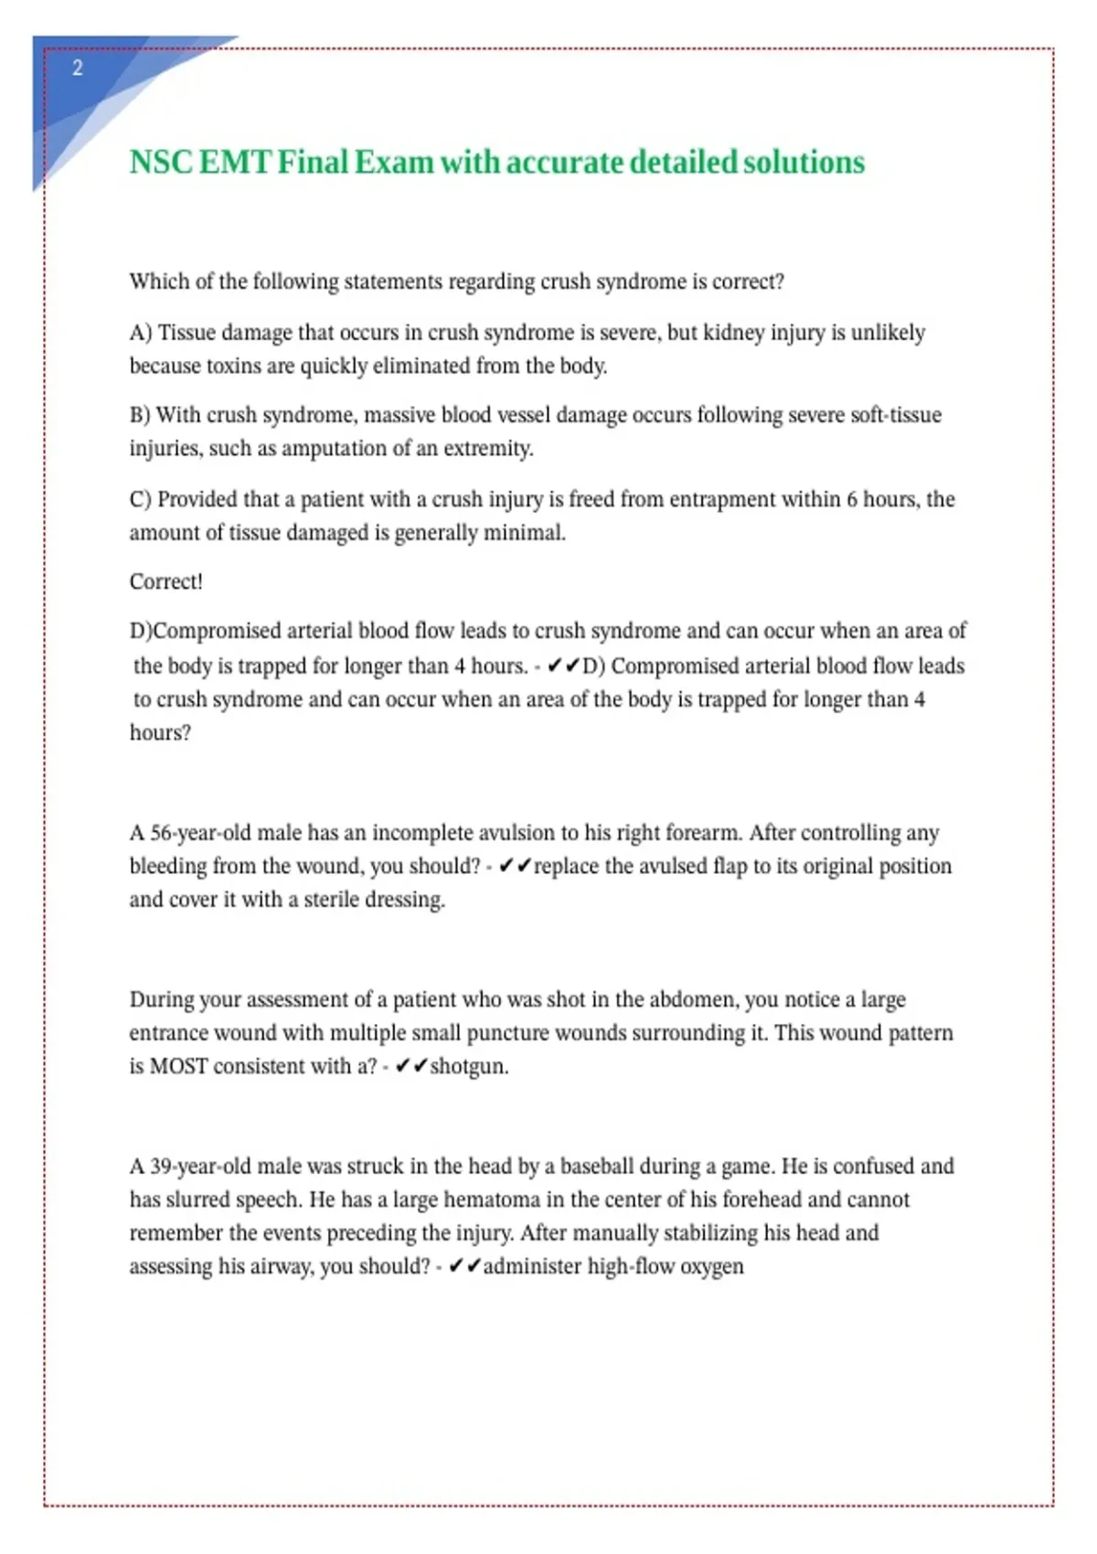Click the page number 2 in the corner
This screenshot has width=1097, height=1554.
[78, 68]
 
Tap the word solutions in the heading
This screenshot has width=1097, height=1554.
[804, 162]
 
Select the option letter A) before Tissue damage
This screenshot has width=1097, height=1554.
[140, 333]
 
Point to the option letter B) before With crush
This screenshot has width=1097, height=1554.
[140, 415]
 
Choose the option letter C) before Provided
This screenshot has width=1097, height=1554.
[140, 499]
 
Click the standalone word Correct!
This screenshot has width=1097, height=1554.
[165, 581]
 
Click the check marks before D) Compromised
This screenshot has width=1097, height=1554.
[563, 665]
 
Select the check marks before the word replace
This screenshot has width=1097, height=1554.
[515, 866]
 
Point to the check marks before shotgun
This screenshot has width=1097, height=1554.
[411, 1066]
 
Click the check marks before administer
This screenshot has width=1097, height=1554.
[464, 1266]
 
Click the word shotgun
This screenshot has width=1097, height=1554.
[469, 1067]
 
